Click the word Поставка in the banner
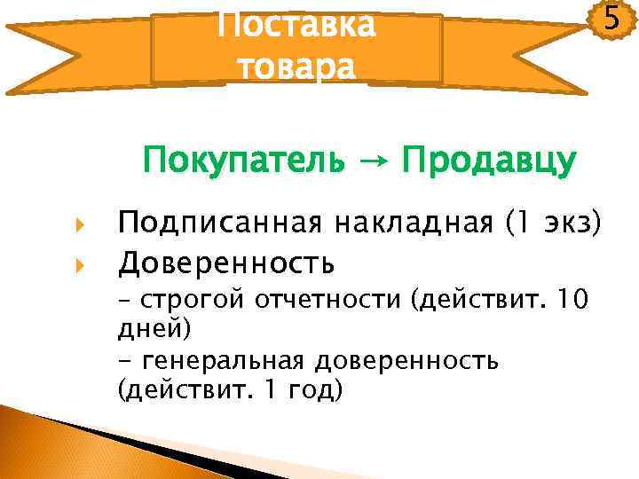(296, 24)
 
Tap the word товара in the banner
(296, 65)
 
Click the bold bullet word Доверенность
(226, 263)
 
